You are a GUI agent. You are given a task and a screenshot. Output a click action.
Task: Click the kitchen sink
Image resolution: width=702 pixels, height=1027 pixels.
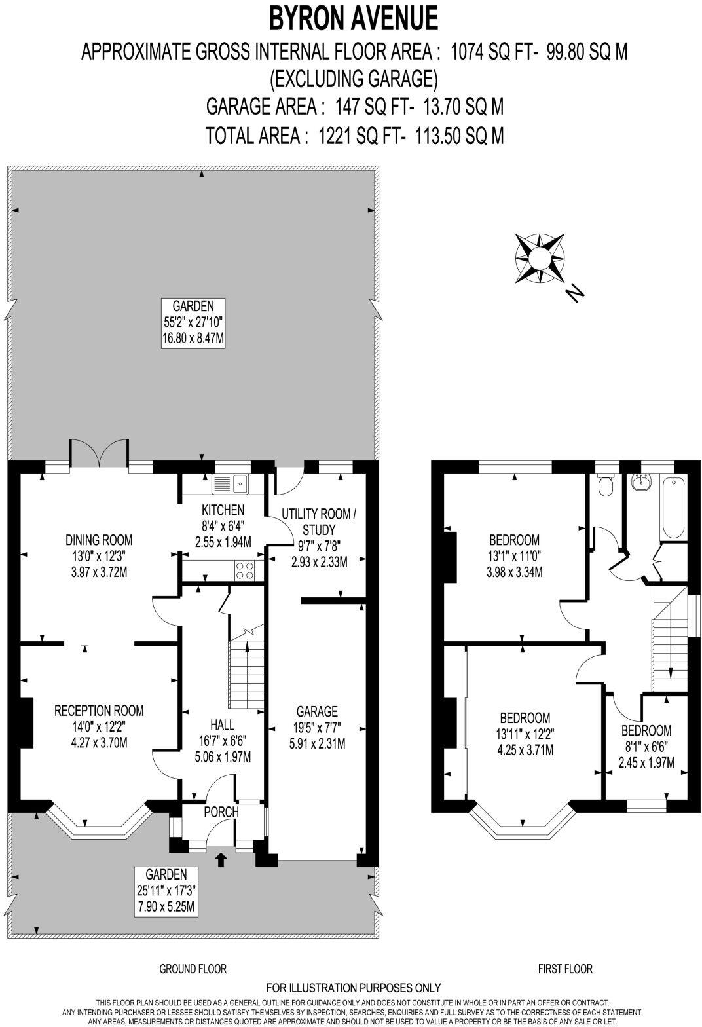click(230, 484)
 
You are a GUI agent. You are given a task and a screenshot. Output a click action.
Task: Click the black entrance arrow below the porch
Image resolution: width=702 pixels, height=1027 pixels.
click(220, 859)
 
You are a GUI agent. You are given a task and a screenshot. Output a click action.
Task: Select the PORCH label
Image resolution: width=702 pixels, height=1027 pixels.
click(221, 812)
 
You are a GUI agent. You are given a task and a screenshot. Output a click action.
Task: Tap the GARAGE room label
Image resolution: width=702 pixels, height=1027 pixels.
click(317, 711)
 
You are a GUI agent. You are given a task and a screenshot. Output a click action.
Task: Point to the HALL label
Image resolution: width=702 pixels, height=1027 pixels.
click(223, 725)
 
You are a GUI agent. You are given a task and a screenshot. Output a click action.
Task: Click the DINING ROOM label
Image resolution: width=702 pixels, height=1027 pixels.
click(99, 540)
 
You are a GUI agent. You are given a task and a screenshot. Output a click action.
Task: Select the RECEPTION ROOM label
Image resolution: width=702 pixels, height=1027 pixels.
click(99, 711)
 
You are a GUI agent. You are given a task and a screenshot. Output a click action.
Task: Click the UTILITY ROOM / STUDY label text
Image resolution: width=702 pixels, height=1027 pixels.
click(319, 521)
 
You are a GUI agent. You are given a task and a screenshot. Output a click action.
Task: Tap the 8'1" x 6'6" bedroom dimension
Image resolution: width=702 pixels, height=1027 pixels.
click(646, 746)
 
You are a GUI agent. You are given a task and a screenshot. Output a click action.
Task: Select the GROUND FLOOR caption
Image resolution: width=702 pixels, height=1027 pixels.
click(193, 969)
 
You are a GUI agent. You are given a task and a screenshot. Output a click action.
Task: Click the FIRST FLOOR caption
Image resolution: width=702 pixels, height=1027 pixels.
click(565, 969)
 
